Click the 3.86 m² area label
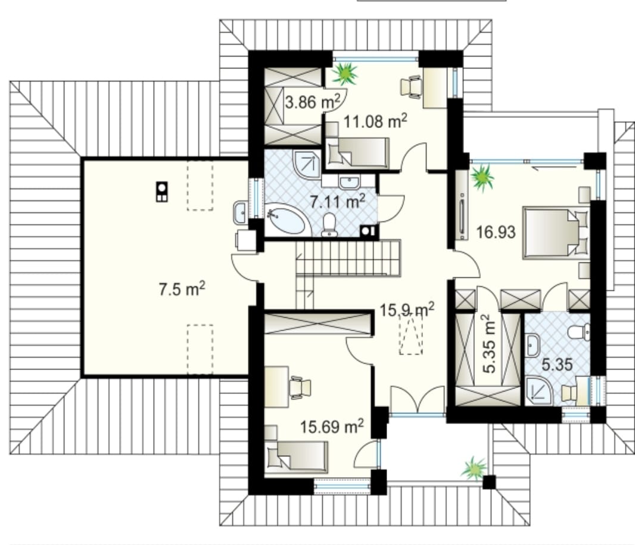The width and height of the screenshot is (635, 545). (312, 102)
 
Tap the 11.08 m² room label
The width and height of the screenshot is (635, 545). (375, 121)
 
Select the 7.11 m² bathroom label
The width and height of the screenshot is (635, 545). (337, 201)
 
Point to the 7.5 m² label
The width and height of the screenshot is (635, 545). (182, 289)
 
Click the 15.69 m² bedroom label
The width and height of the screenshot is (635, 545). (332, 426)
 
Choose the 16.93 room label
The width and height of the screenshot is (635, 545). (496, 232)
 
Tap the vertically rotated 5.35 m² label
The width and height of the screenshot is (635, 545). (488, 344)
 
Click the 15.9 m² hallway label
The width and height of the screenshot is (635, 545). (407, 309)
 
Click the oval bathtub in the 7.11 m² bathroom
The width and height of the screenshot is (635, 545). (286, 220)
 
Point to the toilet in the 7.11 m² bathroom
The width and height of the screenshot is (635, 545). (329, 224)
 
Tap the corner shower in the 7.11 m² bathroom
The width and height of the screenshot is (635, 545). (307, 164)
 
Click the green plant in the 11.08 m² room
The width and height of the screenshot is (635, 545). (345, 73)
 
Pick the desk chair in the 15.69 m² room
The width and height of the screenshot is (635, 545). (300, 387)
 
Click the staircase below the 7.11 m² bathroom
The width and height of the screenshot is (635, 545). (348, 259)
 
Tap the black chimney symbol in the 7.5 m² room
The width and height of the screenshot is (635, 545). (161, 192)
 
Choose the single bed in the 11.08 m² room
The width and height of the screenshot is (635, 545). (357, 153)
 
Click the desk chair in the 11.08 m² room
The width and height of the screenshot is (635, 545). (412, 87)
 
